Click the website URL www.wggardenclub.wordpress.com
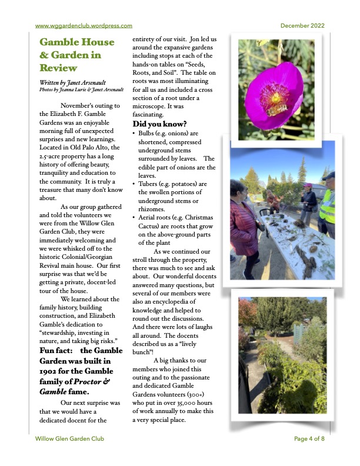click(84, 25)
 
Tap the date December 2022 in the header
click(302, 25)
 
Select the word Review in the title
click(58, 68)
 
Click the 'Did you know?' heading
click(159, 124)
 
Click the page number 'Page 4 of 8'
click(309, 438)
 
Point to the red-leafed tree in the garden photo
click(248, 312)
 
